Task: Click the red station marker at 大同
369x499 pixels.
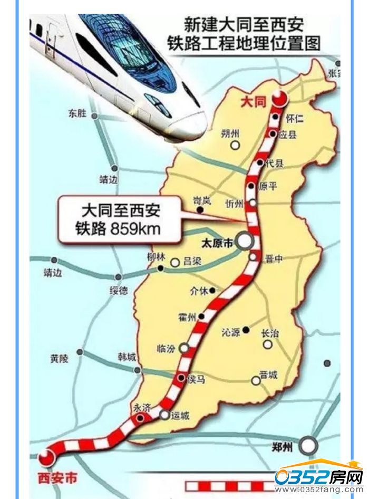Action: click(x=279, y=98)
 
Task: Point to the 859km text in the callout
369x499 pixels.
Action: click(x=138, y=229)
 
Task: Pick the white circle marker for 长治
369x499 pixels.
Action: click(x=268, y=344)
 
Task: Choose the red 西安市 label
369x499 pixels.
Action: click(x=57, y=478)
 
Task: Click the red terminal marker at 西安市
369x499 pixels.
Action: click(x=46, y=457)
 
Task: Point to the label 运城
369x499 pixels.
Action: click(x=180, y=415)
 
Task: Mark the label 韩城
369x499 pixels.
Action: click(x=127, y=357)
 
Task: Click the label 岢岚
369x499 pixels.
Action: click(x=202, y=200)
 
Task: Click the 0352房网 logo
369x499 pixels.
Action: click(x=319, y=477)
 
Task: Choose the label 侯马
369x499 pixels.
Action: click(x=197, y=379)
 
